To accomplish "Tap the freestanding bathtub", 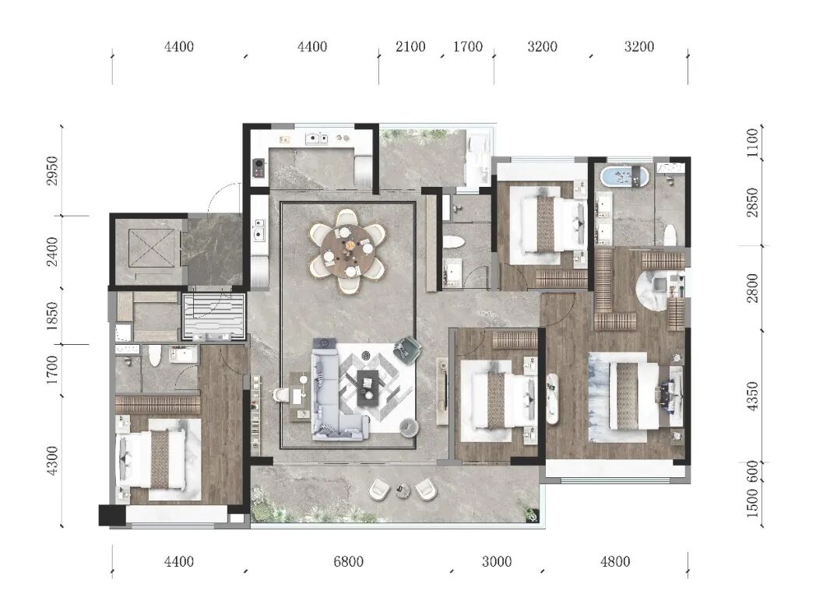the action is click(x=624, y=176).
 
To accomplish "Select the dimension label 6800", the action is click(x=348, y=562).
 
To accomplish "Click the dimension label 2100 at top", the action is click(x=410, y=47).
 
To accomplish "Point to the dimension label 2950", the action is click(x=53, y=170).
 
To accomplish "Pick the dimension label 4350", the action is click(x=752, y=396).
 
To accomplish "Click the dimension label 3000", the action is click(x=497, y=562).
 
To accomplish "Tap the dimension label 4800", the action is click(x=615, y=562).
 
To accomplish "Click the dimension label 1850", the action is click(x=53, y=316).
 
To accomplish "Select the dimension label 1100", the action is click(x=752, y=143).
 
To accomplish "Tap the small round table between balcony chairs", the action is click(x=402, y=490).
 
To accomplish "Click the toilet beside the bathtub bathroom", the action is click(x=670, y=234).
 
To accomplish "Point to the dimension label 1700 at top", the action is click(x=468, y=47).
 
